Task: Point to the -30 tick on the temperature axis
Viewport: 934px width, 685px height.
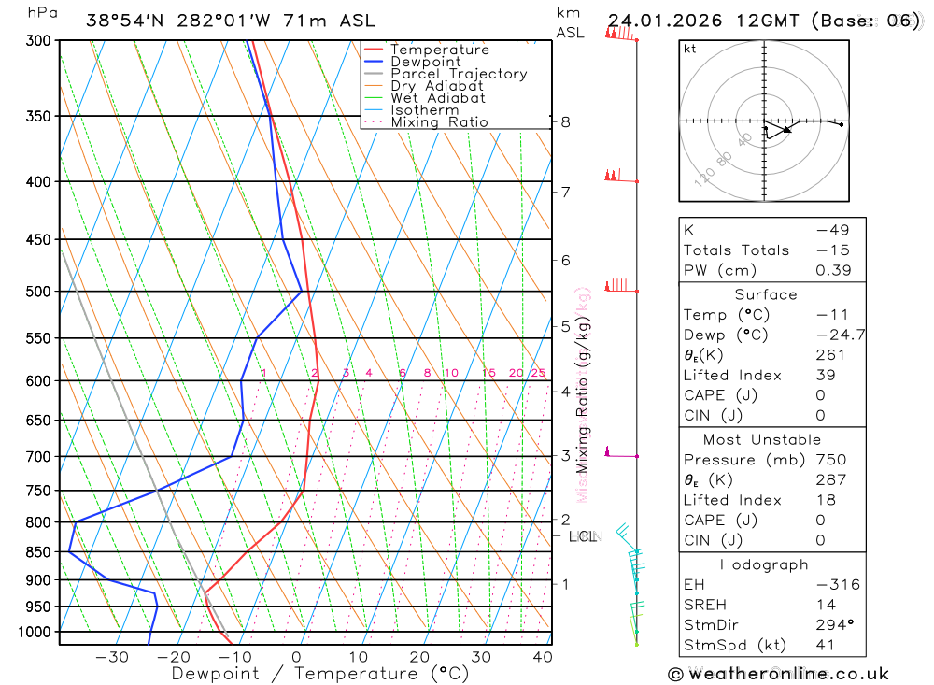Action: (x=112, y=657)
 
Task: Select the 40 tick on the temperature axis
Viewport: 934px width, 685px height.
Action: (x=543, y=657)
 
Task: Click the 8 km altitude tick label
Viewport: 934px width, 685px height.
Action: (x=565, y=121)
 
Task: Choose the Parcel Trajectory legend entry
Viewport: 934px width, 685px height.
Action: (x=458, y=74)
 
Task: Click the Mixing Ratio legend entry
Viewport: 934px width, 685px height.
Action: (x=439, y=122)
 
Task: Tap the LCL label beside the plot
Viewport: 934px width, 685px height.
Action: (x=582, y=536)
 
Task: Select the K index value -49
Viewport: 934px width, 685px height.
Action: (x=828, y=230)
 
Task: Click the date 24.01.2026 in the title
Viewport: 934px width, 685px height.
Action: (x=663, y=21)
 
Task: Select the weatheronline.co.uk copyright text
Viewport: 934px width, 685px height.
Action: (x=778, y=673)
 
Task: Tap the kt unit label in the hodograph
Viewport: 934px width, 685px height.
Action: (x=689, y=49)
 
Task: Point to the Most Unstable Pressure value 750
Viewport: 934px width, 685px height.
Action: (x=831, y=460)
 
